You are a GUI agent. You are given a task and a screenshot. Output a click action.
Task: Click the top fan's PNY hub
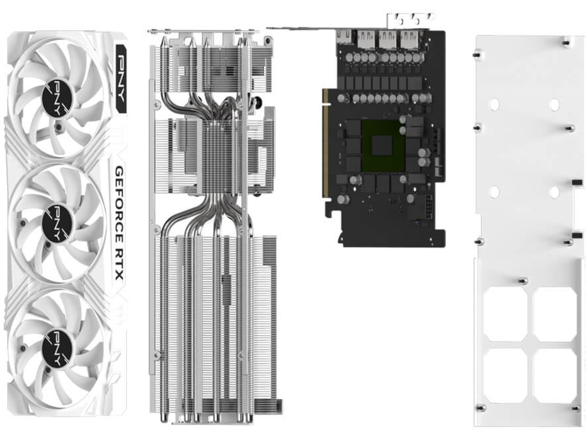click(57, 100)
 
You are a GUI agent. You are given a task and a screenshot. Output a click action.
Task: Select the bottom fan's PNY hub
click(57, 347)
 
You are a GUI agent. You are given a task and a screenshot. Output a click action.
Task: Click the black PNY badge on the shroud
click(121, 78)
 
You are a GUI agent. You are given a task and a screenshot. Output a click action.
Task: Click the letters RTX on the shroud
click(119, 264)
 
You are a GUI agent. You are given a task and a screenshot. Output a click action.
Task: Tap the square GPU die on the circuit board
click(382, 146)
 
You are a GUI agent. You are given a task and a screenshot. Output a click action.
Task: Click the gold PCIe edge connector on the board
click(325, 143)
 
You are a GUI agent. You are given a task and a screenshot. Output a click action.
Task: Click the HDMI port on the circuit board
click(344, 37)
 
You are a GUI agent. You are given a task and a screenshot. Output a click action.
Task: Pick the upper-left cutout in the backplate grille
click(505, 314)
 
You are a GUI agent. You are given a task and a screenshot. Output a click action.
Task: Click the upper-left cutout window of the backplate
click(505, 314)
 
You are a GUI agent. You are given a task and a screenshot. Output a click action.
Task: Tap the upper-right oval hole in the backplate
click(554, 105)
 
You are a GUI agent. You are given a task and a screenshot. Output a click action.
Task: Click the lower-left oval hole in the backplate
click(494, 192)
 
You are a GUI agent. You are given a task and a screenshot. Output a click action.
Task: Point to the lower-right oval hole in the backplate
click(554, 192)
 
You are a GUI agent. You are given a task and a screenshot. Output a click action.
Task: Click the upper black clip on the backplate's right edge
click(577, 182)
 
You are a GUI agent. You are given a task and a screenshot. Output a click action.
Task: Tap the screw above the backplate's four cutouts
click(523, 281)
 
